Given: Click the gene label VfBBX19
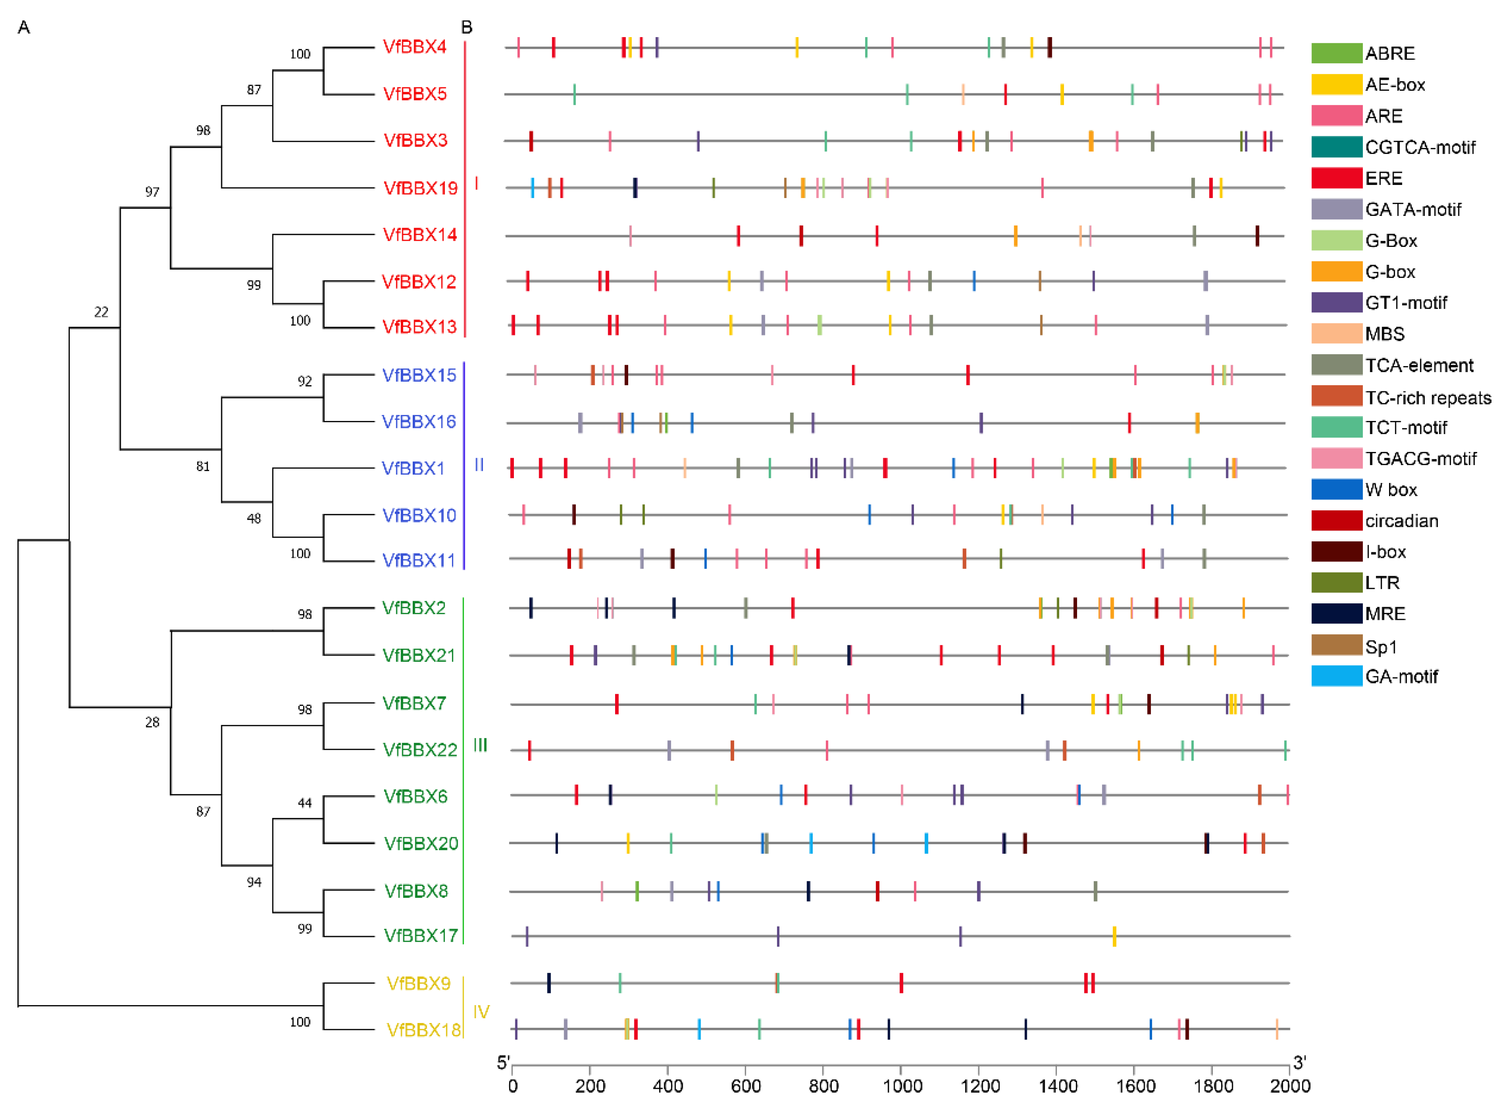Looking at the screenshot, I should click(x=420, y=188).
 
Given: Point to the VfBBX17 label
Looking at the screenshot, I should click(x=421, y=936).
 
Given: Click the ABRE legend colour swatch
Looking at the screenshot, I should click(x=1336, y=53).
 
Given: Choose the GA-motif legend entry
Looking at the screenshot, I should click(x=1401, y=677).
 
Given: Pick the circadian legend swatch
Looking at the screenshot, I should click(x=1336, y=520).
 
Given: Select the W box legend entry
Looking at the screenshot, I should click(x=1390, y=489).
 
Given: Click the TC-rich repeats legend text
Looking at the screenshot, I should click(x=1427, y=398).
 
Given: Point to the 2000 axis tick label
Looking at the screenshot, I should click(x=1290, y=1086).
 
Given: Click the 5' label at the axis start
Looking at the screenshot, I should click(x=503, y=1063).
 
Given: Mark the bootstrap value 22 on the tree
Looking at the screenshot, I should click(x=101, y=311).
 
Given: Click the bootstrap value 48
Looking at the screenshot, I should click(x=254, y=518).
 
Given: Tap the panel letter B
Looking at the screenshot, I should click(x=466, y=27).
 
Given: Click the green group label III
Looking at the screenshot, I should click(x=480, y=745).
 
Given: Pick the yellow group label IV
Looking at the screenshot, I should click(x=481, y=1012).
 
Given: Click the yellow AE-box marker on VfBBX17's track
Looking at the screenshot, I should click(x=1114, y=936).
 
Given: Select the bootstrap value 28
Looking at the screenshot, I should click(x=152, y=722).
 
